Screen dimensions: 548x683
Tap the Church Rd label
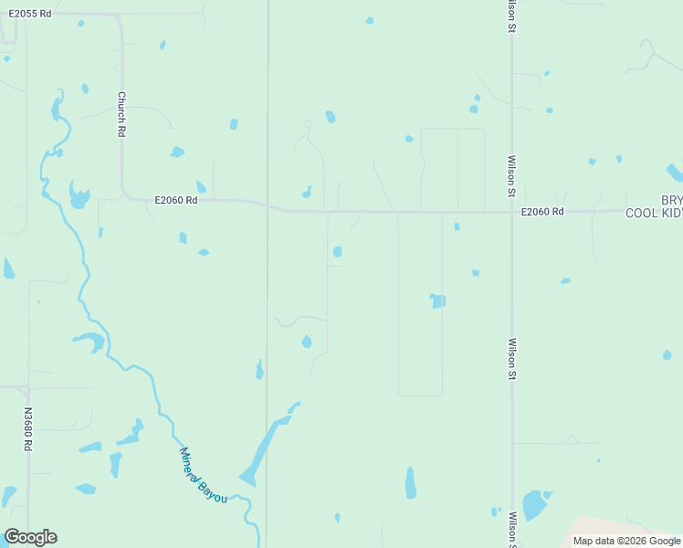pos(121,113)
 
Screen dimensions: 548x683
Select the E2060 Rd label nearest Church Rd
pos(176,200)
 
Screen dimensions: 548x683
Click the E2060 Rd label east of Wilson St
pos(542,212)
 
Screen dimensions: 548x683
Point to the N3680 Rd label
pos(28,429)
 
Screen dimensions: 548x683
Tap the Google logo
pos(30,537)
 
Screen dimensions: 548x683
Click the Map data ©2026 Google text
pos(626,541)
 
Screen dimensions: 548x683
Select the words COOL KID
pos(654,213)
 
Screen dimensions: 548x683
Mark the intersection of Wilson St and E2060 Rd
pos(511,212)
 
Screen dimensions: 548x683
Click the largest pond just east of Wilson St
pos(533,504)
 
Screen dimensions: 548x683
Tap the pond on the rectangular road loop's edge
pos(438,300)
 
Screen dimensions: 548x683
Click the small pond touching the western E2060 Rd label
pos(200,187)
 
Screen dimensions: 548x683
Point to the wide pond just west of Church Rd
pos(79,195)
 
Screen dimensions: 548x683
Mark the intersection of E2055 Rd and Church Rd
pos(119,16)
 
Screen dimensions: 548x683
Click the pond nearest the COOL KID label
pos(674,173)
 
